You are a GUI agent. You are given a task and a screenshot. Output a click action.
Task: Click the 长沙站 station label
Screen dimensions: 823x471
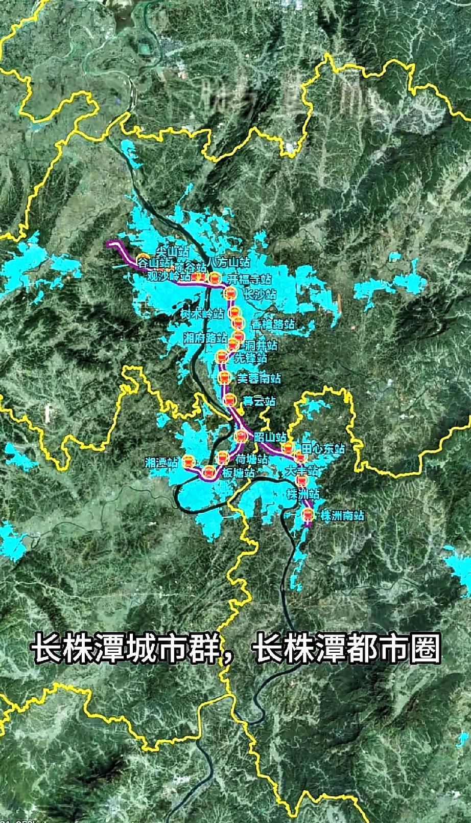(259, 295)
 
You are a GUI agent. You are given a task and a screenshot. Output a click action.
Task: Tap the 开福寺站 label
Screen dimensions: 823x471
(249, 279)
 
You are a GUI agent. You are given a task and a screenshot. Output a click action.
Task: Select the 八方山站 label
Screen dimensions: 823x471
(229, 262)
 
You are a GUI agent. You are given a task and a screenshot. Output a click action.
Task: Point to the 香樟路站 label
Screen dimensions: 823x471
(273, 324)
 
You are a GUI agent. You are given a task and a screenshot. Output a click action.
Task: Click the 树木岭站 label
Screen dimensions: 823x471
(202, 314)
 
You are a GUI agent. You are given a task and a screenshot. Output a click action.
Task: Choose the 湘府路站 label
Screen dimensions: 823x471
(205, 338)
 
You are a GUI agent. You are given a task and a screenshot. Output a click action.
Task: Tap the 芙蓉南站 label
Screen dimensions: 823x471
(259, 379)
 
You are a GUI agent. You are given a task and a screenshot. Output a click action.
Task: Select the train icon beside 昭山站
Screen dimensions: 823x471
(241, 437)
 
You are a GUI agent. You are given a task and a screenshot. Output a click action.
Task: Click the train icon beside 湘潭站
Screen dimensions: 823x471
(189, 462)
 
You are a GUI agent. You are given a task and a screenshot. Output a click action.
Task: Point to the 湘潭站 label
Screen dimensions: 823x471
(161, 463)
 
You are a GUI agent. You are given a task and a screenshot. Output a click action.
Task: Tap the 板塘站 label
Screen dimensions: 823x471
(239, 473)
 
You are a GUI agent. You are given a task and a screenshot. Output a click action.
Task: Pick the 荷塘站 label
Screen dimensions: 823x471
(252, 460)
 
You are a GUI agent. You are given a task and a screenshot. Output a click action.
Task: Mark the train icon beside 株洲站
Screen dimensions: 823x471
(301, 481)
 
